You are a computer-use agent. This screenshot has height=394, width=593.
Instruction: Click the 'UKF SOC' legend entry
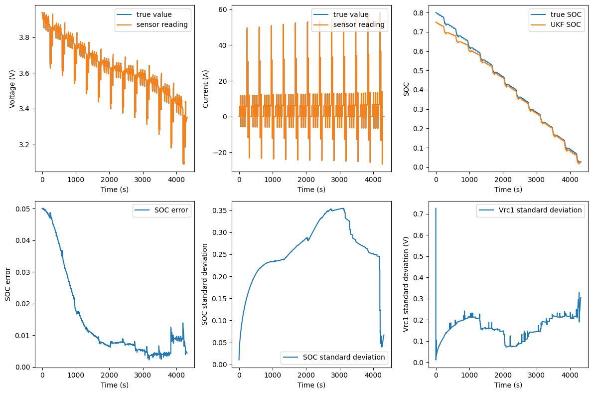pyautogui.click(x=566, y=24)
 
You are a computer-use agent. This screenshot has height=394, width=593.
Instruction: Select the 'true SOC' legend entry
pyautogui.click(x=566, y=14)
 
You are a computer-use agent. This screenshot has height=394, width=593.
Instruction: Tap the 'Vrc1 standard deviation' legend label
pyautogui.click(x=540, y=210)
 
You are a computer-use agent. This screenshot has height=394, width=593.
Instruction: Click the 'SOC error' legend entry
pyautogui.click(x=171, y=210)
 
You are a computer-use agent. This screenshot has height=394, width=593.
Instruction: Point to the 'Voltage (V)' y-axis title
pyautogui.click(x=12, y=89)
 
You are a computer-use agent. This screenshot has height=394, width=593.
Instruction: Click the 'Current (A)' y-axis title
pyautogui.click(x=205, y=89)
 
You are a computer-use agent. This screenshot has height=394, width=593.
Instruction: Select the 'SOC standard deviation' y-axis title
pyautogui.click(x=205, y=284)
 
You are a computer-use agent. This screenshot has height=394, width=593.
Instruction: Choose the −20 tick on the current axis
pyautogui.click(x=220, y=153)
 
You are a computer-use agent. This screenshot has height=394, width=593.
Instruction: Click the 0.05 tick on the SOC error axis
pyautogui.click(x=23, y=209)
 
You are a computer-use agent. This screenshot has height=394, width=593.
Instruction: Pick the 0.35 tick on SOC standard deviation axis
pyautogui.click(x=220, y=210)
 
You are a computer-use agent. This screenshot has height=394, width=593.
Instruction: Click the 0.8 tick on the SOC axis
pyautogui.click(x=419, y=13)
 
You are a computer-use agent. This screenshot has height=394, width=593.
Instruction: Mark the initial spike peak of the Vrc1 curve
pyautogui.click(x=436, y=208)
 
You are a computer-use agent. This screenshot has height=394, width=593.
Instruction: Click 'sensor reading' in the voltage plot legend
pyautogui.click(x=162, y=24)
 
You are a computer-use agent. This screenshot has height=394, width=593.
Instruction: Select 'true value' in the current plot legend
pyautogui.click(x=351, y=14)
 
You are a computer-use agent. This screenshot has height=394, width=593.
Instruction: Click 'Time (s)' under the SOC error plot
pyautogui.click(x=115, y=385)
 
